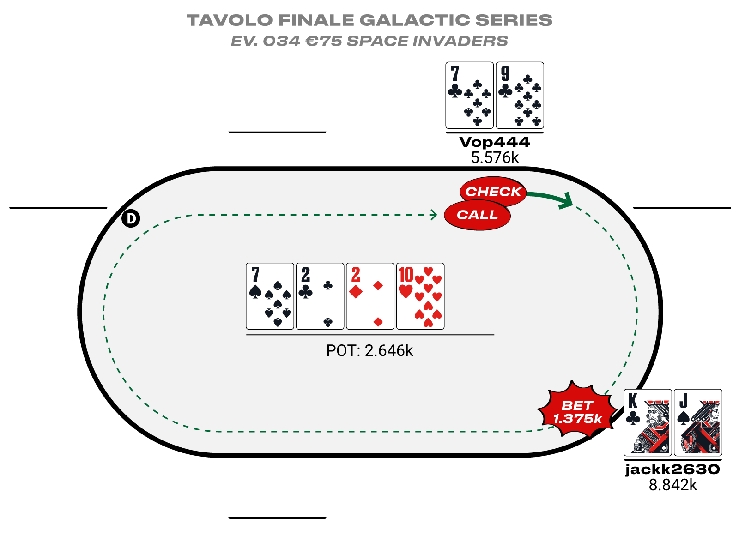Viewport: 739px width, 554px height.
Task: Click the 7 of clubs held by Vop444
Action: coord(469,95)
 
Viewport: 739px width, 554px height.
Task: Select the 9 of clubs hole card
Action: coord(520,95)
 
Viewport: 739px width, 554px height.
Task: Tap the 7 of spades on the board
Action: coord(270,296)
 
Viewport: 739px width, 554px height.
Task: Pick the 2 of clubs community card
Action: coord(320,296)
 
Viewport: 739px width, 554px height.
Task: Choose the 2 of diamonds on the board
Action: coord(370,296)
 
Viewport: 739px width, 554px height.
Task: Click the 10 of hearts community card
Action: coord(420,296)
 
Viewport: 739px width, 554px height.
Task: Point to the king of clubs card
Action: coord(648,422)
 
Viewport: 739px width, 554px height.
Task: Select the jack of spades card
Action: coord(698,422)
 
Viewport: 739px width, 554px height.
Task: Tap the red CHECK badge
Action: coord(493,191)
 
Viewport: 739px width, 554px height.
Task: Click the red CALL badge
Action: coord(477,215)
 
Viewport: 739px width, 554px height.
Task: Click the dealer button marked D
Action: coord(131,219)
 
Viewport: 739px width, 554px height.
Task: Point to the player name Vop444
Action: coord(495,142)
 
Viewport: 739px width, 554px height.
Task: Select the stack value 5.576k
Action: coord(495,158)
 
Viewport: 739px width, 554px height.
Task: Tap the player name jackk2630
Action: coord(672,470)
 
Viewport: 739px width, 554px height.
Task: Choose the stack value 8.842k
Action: coord(672,485)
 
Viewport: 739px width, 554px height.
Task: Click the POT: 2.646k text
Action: coord(369,350)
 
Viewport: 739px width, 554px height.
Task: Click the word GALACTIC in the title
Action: coord(414,20)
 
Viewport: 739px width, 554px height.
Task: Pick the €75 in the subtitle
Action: coord(324,41)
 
